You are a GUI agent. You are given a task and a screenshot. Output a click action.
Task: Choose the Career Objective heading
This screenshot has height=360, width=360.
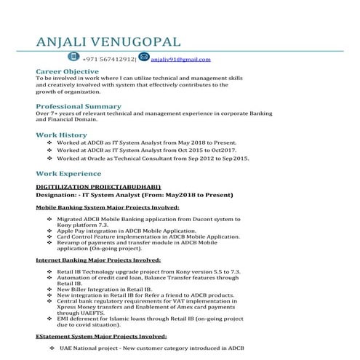click(x=67, y=72)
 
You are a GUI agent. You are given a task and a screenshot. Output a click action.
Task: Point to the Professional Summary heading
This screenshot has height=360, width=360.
click(x=79, y=106)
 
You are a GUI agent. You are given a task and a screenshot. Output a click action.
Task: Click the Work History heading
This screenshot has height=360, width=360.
click(x=61, y=135)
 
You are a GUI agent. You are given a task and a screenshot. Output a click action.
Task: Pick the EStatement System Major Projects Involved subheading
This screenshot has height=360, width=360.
click(x=101, y=337)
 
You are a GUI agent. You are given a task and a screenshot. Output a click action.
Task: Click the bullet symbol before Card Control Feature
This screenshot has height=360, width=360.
click(x=48, y=237)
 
